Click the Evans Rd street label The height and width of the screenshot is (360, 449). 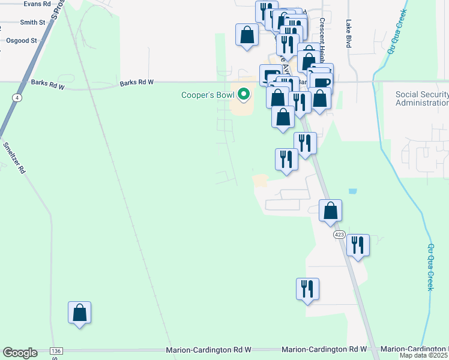point(37,4)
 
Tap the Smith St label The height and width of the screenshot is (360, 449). point(32,22)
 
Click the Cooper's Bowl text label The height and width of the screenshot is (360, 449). point(208,95)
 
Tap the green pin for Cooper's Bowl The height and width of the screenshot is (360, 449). point(244,95)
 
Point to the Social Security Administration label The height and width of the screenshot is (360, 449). point(422,99)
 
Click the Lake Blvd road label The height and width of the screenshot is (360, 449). point(348,34)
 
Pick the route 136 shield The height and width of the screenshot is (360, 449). point(56,351)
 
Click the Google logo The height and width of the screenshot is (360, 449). point(20,353)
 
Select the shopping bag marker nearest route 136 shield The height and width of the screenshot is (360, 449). point(79,313)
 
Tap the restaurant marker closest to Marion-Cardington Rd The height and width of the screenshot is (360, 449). point(307,289)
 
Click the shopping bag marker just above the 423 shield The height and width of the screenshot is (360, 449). point(330,211)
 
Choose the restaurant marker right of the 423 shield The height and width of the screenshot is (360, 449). point(358,245)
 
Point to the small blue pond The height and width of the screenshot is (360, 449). point(352,191)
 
